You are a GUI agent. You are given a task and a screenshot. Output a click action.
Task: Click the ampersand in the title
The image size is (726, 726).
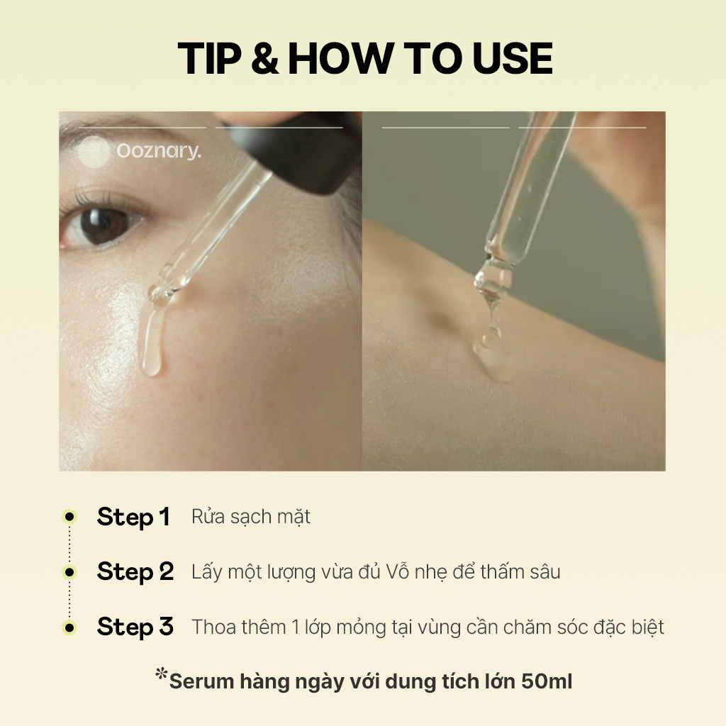[x=265, y=58]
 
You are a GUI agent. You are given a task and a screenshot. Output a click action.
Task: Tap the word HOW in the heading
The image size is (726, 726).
[x=340, y=58]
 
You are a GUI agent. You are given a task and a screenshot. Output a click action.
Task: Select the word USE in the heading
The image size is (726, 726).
[x=513, y=58]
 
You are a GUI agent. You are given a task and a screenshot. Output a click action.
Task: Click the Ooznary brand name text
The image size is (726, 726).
[x=159, y=151]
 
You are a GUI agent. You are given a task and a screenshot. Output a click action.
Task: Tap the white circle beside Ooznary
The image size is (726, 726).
[x=94, y=152]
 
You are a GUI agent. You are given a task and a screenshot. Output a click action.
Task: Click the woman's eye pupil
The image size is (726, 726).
[x=103, y=226]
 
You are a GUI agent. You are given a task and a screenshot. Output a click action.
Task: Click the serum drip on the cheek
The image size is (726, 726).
[x=152, y=339]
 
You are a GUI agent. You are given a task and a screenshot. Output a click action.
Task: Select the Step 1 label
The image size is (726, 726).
[x=133, y=517]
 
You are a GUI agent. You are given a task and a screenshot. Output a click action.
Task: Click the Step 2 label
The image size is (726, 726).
[x=135, y=572]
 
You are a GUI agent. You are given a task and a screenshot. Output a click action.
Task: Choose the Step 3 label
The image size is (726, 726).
[x=135, y=627]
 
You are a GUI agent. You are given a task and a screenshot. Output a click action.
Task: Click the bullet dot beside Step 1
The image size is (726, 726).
[x=69, y=517]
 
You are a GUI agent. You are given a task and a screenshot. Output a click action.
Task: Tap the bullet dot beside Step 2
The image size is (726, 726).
[x=69, y=572]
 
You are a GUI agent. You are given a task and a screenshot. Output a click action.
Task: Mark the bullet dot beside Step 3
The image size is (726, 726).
[x=69, y=628]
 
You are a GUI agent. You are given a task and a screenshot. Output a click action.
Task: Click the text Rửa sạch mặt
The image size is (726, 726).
[x=251, y=517]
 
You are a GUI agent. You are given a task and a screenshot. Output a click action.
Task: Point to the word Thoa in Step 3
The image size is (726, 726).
[x=216, y=627]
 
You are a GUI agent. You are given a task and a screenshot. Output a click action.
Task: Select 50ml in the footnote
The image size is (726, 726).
[x=547, y=681]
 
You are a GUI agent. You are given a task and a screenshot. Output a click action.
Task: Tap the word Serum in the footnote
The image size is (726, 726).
[x=201, y=681]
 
